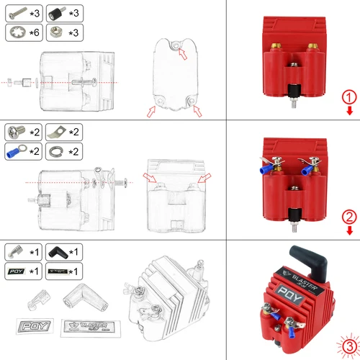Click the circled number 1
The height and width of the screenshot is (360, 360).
pos(348,98)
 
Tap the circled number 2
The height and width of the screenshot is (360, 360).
pos(348,216)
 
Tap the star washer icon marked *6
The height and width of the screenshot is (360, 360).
pos(17,32)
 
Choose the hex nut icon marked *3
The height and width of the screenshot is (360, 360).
pos(55,32)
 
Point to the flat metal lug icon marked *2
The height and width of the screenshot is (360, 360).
pos(55,132)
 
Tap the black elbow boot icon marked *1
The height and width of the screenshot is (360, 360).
pos(55,252)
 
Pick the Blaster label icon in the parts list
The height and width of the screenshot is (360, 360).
pos(55,271)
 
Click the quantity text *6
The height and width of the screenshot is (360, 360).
pos(35,32)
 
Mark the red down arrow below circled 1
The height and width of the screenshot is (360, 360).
pos(348,112)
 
